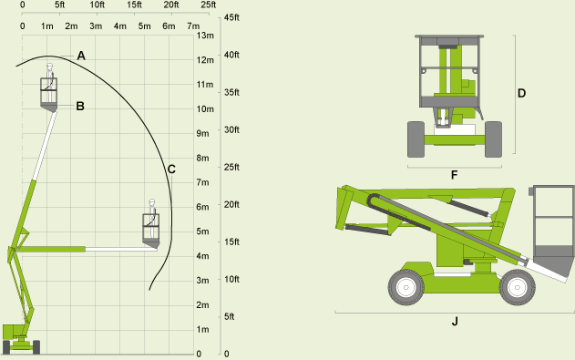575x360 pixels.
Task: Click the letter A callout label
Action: coord(81,56)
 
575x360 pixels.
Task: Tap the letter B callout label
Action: coord(80,106)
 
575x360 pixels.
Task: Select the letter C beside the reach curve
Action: coord(171,169)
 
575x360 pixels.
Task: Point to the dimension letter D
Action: coord(521,93)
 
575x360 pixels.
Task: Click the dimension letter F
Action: coord(455,175)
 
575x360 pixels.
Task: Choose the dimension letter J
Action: coord(455,321)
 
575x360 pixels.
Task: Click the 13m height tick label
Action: coord(205,36)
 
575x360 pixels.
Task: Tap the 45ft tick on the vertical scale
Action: coord(231,17)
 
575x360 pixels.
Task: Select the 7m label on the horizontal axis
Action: coord(193,26)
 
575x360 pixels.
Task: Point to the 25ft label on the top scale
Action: coord(209,5)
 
